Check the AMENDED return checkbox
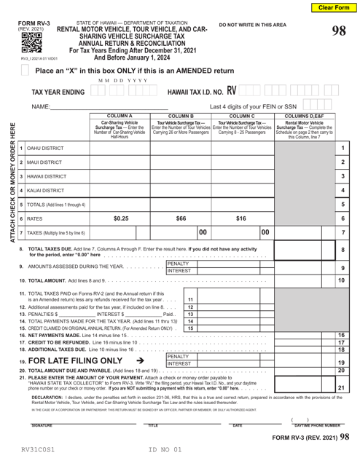(x=26, y=71)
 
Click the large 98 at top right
(x=338, y=31)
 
